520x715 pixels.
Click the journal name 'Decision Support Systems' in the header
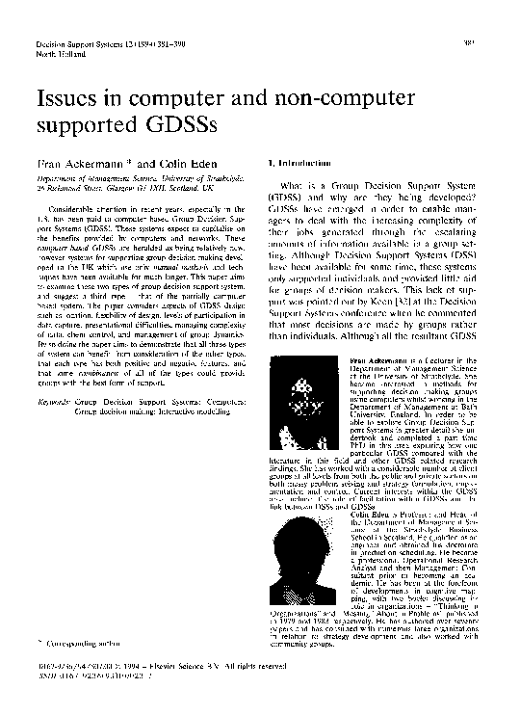[x=76, y=45]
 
